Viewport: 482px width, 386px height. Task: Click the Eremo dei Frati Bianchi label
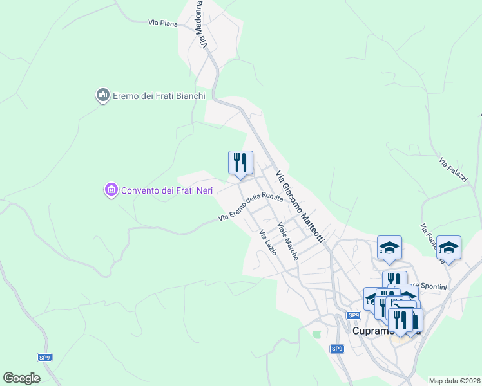[159, 96]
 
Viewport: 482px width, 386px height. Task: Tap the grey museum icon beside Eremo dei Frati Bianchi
[102, 96]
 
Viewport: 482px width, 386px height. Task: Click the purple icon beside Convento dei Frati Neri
[111, 190]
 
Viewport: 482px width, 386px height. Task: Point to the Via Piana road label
[163, 23]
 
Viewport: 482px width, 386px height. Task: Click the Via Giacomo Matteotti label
[300, 206]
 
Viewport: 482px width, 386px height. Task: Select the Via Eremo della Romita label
[251, 208]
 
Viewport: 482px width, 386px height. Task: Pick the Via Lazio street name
[267, 243]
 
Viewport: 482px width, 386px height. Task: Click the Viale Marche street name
[287, 241]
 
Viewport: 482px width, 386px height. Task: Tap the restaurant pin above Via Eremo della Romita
[241, 163]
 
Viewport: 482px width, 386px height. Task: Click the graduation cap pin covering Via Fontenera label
[448, 248]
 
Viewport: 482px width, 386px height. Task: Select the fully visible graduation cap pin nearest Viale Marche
[389, 248]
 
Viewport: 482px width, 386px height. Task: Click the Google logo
[21, 378]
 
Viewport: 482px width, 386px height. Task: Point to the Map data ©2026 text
[455, 381]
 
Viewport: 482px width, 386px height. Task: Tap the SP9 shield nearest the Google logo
[44, 356]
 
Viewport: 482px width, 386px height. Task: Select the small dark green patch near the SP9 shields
[316, 334]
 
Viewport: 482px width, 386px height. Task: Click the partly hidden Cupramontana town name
[371, 331]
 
